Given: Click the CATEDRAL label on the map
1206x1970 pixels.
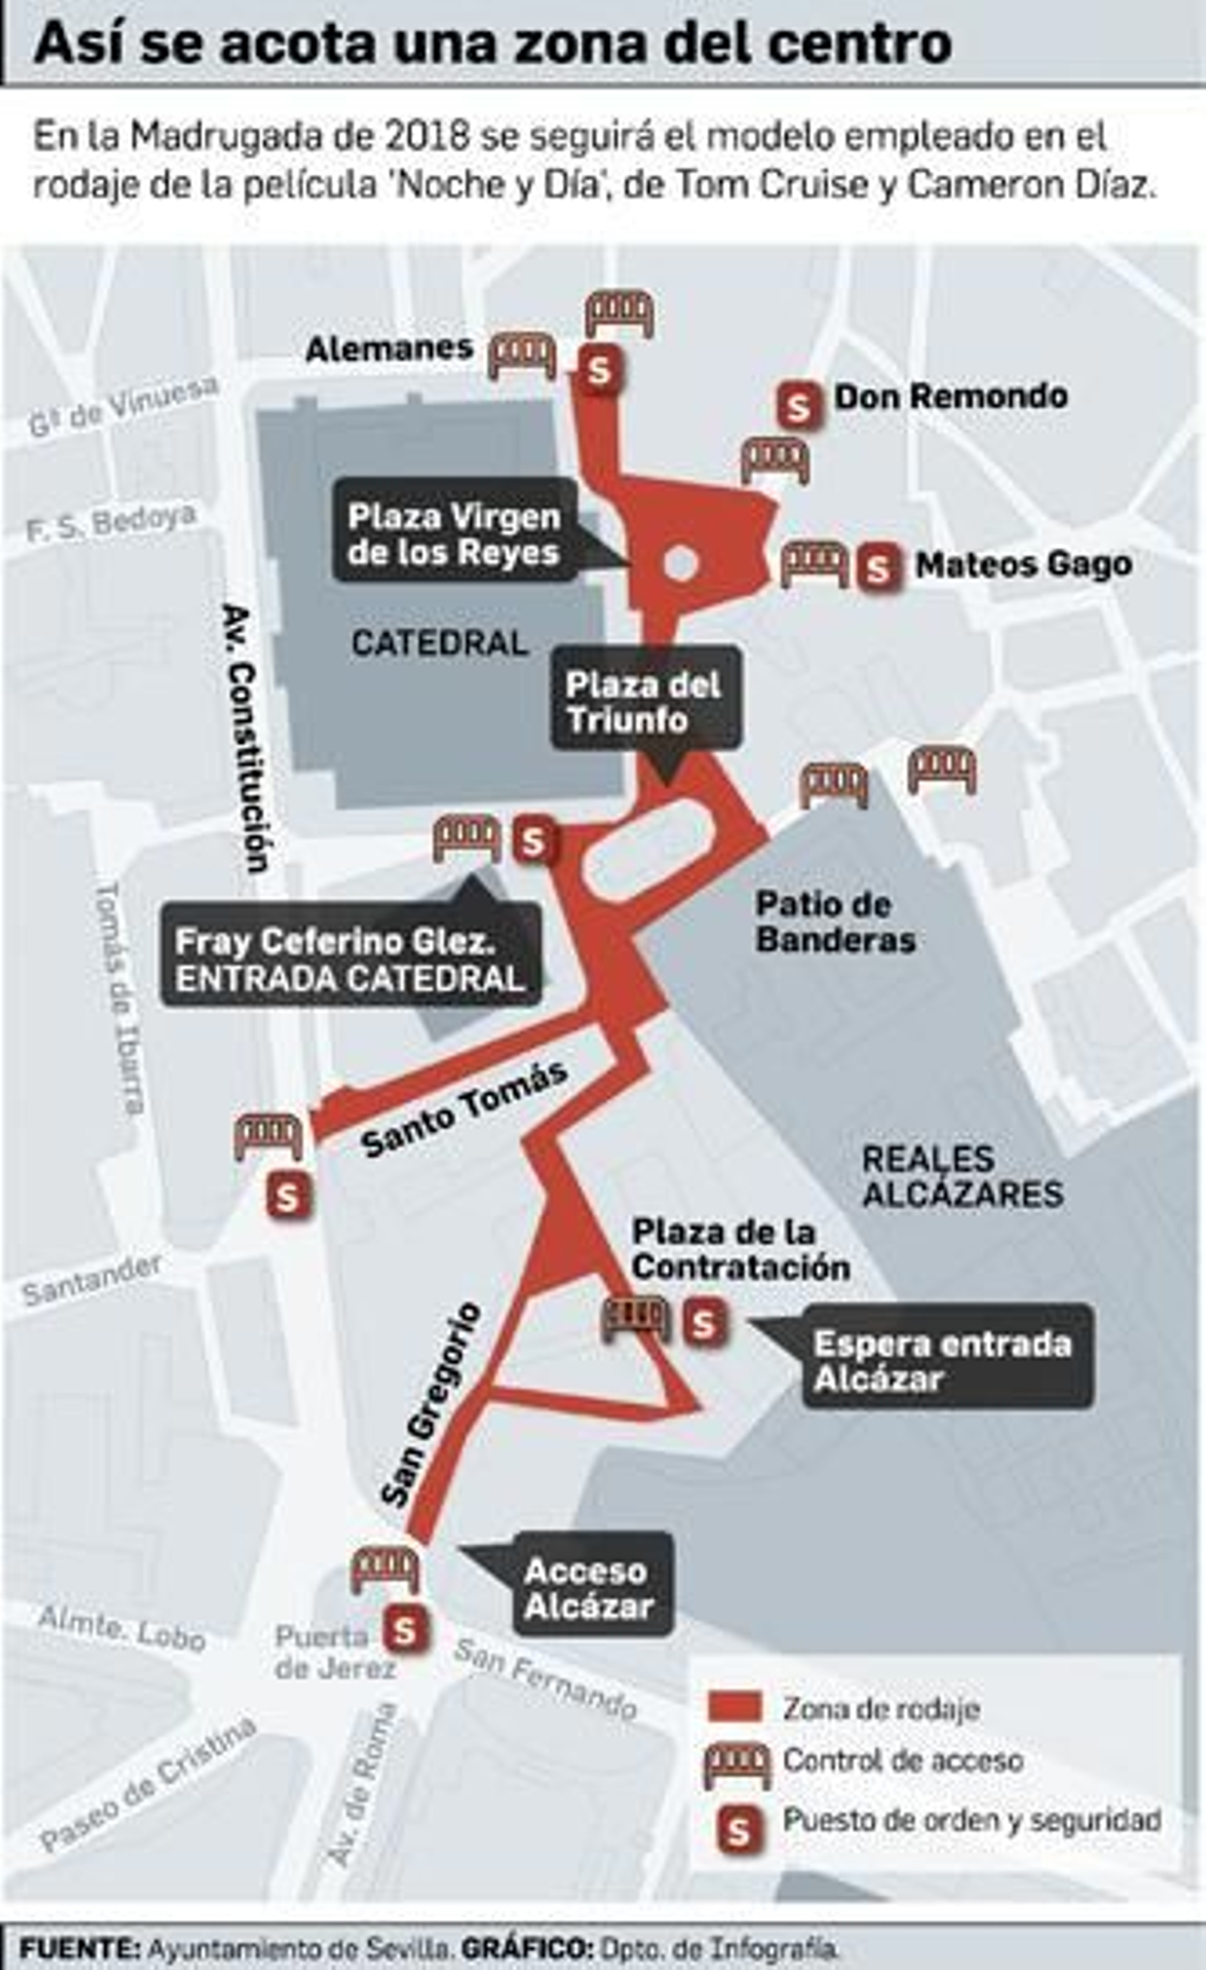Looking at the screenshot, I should click(x=439, y=644).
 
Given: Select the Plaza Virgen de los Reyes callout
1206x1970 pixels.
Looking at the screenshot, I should click(x=454, y=534).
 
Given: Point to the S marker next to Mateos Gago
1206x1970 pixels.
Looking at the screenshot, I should click(x=878, y=568).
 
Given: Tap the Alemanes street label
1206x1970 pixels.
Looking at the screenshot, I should click(x=390, y=350).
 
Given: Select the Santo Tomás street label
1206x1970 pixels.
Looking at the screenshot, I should click(x=464, y=1112).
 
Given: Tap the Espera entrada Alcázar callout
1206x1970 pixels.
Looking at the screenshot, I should click(x=944, y=1360).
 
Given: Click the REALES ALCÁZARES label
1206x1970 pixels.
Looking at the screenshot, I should click(x=962, y=1176).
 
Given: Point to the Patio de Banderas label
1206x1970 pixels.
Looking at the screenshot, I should click(x=835, y=922).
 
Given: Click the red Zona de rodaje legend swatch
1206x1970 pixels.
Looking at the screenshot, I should click(x=733, y=1707).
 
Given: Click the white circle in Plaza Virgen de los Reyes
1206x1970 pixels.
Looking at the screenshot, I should click(x=680, y=563).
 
